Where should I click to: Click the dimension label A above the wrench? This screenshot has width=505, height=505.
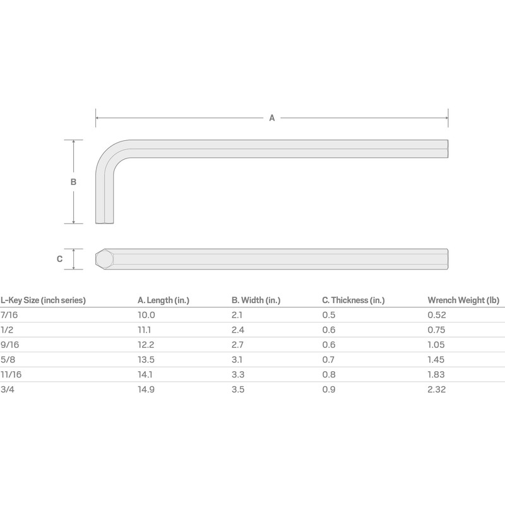(x=272, y=117)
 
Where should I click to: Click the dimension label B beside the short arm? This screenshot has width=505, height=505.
(x=73, y=182)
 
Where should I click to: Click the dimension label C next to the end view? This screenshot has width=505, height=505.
(x=59, y=259)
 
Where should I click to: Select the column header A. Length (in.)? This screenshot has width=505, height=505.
(x=163, y=300)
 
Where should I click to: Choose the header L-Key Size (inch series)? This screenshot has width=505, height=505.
(x=43, y=300)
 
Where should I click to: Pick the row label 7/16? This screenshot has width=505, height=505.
(x=9, y=314)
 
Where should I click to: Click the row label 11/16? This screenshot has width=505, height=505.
(x=11, y=375)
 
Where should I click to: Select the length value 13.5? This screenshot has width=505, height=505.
(x=146, y=360)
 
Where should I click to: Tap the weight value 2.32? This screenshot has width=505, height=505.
(x=436, y=390)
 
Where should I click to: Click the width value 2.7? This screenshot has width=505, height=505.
(x=237, y=345)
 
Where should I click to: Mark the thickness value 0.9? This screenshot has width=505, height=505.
(x=328, y=390)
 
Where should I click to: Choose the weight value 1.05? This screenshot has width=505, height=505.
(x=436, y=345)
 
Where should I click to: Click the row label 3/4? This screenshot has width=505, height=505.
(x=8, y=390)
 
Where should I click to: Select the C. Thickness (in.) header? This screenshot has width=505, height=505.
(x=353, y=300)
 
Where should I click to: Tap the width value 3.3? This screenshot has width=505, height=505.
(x=237, y=375)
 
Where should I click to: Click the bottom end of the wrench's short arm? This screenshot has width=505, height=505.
(x=105, y=222)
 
